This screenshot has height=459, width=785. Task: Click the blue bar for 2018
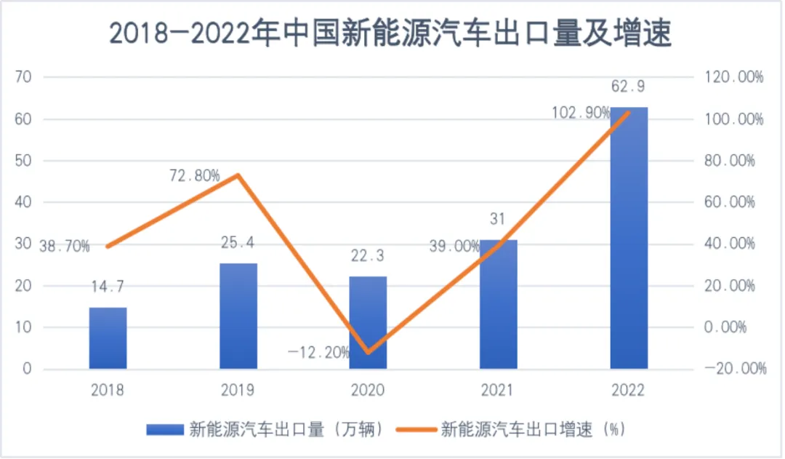click(108, 338)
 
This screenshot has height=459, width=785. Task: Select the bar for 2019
click(238, 316)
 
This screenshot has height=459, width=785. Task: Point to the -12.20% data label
click(318, 354)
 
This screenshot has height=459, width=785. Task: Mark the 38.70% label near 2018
click(65, 247)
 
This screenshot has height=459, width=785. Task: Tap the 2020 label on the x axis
click(368, 391)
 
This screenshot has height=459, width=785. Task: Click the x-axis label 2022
click(628, 391)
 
